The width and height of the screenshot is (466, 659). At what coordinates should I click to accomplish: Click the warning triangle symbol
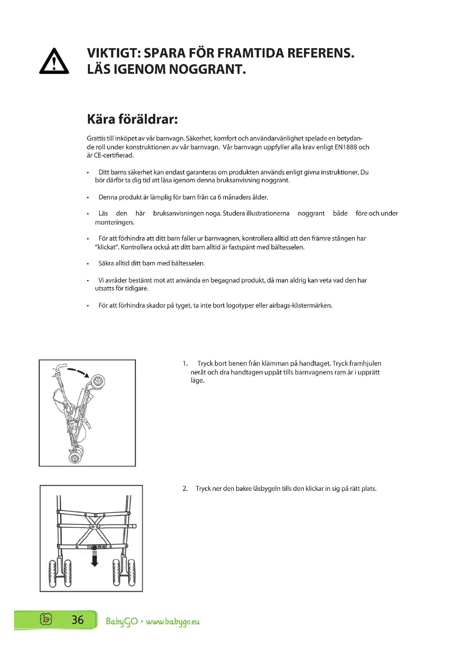click(54, 62)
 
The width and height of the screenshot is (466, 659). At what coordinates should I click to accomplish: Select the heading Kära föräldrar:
click(132, 119)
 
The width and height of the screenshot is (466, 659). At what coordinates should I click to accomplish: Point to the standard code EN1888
click(346, 147)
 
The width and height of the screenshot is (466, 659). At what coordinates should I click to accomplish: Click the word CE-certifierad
click(114, 156)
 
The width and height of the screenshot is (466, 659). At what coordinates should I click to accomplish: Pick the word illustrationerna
click(268, 213)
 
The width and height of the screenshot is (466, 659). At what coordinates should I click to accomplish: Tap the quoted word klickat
click(106, 247)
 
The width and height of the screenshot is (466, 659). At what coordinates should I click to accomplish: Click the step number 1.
click(185, 363)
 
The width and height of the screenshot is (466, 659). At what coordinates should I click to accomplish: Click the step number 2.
click(185, 489)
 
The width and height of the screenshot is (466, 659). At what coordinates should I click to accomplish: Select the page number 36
click(77, 620)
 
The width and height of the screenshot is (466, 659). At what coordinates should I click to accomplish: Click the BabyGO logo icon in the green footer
click(46, 619)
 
